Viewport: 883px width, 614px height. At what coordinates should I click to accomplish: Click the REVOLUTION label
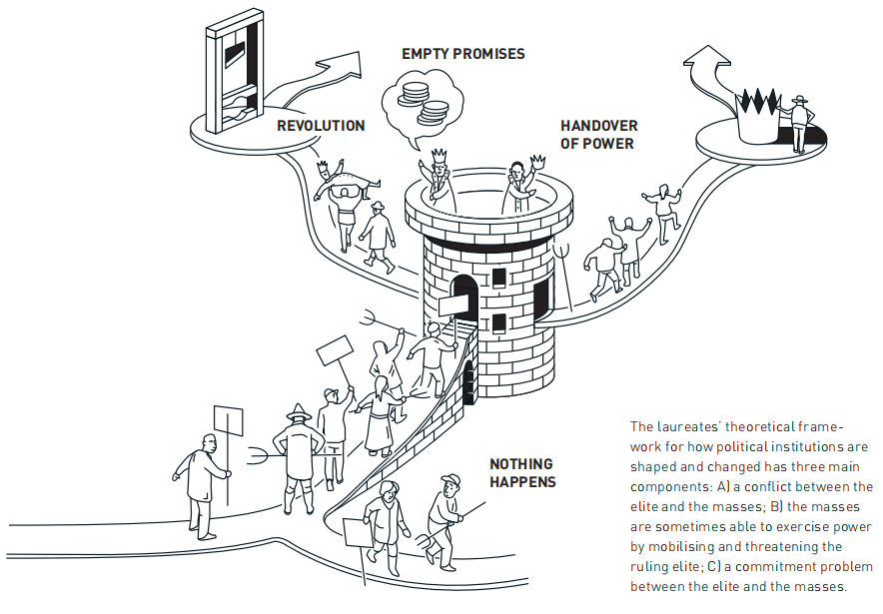(x=321, y=126)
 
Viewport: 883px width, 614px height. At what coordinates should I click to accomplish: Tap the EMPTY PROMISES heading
(x=462, y=53)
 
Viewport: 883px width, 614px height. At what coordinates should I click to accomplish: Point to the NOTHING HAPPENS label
(x=522, y=473)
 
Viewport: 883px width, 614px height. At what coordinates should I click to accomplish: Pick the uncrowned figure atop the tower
(x=517, y=181)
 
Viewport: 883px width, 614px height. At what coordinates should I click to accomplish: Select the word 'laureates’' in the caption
(x=694, y=426)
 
